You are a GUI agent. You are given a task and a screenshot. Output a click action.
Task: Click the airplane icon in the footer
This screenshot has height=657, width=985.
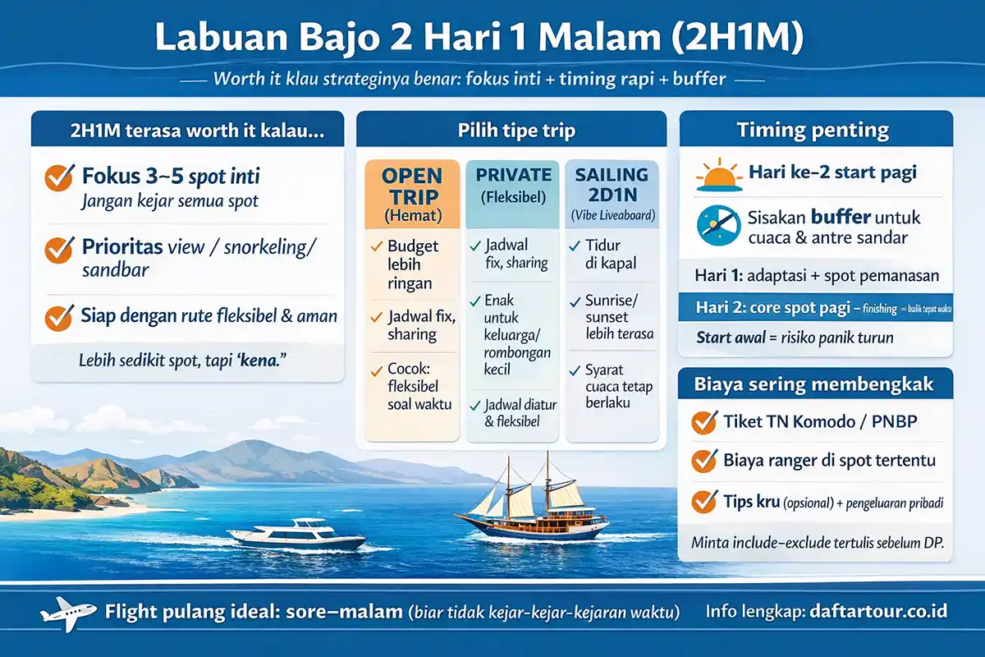[62, 613]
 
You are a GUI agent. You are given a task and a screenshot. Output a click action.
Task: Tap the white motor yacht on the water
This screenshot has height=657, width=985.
[296, 535]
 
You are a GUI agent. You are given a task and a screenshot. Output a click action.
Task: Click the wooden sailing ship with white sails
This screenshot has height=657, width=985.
[534, 501]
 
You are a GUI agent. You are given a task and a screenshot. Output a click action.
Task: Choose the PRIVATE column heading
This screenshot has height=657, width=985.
[514, 175]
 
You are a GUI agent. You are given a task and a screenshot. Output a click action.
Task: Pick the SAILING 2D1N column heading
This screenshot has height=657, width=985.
[612, 186]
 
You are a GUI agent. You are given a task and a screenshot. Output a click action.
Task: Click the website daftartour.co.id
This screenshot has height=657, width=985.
[878, 612]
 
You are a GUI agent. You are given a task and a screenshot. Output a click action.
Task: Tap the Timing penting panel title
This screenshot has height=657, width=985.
[813, 130]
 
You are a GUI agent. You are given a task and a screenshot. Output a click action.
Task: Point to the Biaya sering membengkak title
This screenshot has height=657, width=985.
[813, 384]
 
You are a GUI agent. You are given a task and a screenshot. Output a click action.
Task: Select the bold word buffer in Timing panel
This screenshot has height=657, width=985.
[841, 218]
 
